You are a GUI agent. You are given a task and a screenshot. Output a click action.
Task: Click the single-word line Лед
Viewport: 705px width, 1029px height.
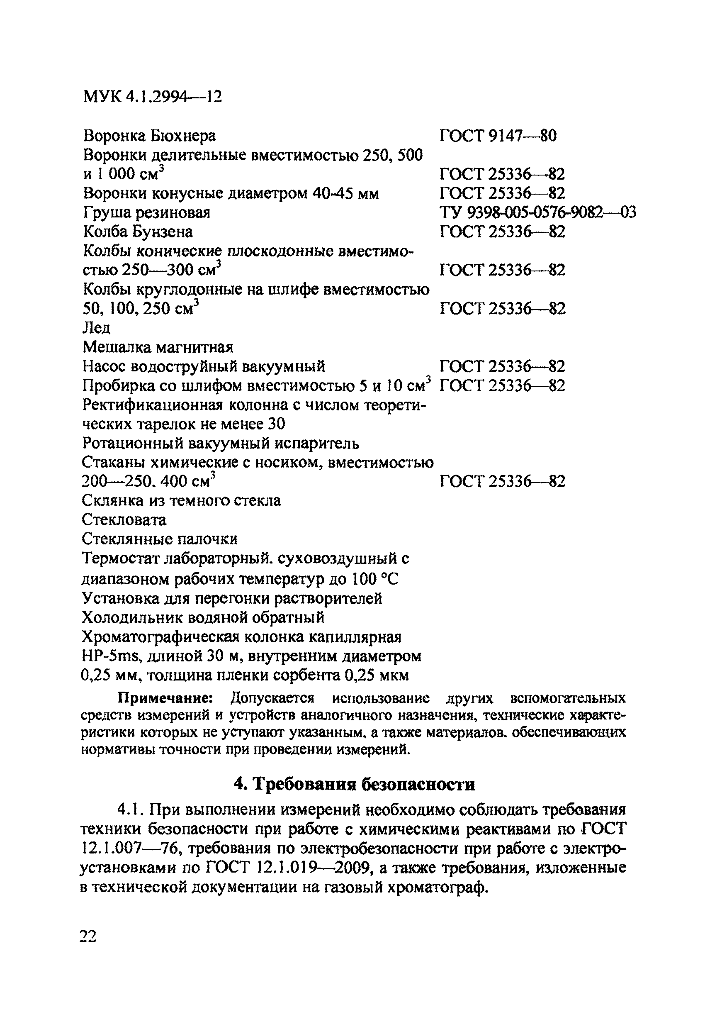coord(97,328)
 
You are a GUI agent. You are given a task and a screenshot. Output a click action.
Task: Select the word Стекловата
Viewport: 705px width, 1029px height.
coord(124,519)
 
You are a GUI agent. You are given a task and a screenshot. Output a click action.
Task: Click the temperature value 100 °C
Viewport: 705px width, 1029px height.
coord(375,579)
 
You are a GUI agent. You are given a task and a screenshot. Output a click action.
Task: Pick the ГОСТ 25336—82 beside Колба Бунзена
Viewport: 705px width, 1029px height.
coord(502,232)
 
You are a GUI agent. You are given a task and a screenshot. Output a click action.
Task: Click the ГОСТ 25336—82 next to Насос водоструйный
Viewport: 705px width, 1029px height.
coord(502,367)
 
